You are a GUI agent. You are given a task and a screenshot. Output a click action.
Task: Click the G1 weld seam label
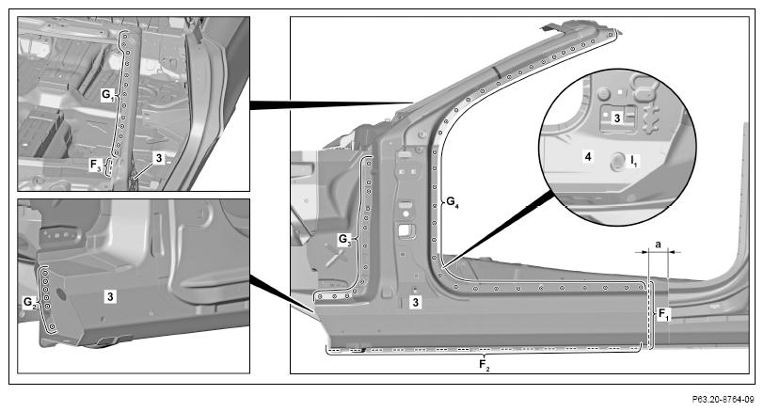(107, 94)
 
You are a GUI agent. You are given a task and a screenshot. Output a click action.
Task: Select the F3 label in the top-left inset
(96, 166)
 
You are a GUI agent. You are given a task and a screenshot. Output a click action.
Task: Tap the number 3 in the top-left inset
(159, 158)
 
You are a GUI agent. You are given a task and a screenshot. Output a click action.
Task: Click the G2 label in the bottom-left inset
(29, 303)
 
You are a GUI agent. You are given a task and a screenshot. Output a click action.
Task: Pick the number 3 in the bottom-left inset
(111, 296)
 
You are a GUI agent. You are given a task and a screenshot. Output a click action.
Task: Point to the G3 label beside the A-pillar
(345, 240)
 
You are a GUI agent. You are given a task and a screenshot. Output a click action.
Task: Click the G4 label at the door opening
(453, 201)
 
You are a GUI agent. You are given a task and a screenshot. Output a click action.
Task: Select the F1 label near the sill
(664, 314)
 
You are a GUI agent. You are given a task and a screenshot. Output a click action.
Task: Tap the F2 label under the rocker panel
(484, 365)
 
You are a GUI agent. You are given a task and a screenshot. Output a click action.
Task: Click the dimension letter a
(658, 245)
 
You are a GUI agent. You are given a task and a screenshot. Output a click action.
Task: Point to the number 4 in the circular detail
(588, 157)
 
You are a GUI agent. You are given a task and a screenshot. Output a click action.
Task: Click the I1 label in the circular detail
(633, 160)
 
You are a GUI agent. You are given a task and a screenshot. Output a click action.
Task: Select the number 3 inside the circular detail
(617, 118)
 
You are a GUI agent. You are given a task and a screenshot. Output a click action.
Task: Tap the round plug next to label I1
(617, 161)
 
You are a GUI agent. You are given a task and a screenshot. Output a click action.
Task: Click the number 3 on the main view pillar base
(415, 303)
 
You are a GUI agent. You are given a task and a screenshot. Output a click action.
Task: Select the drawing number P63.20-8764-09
(723, 400)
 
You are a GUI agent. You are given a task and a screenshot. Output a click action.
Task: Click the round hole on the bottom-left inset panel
(61, 293)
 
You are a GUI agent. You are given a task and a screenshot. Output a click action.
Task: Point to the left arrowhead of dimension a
(645, 252)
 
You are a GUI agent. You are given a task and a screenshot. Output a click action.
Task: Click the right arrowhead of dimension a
(672, 252)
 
